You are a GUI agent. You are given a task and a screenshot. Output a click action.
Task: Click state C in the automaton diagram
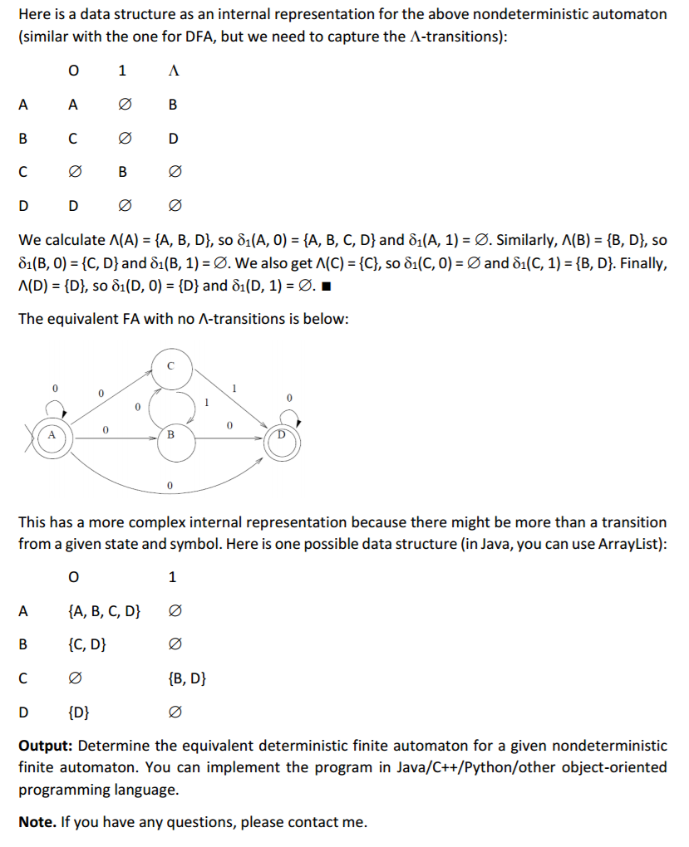click(171, 366)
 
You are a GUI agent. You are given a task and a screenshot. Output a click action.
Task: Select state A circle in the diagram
click(52, 434)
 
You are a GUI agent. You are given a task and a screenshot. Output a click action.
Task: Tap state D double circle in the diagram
click(282, 434)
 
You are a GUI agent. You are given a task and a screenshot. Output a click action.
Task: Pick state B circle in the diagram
click(171, 433)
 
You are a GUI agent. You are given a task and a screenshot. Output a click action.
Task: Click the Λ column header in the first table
click(173, 71)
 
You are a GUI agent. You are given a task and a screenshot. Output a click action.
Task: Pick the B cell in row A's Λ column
click(173, 105)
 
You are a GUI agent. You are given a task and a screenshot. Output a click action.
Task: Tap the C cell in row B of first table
click(73, 139)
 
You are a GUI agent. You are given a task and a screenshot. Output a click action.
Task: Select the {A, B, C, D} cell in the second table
click(103, 612)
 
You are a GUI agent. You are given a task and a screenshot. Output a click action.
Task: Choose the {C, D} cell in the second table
click(86, 644)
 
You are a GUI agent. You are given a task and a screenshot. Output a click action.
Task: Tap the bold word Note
click(37, 822)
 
